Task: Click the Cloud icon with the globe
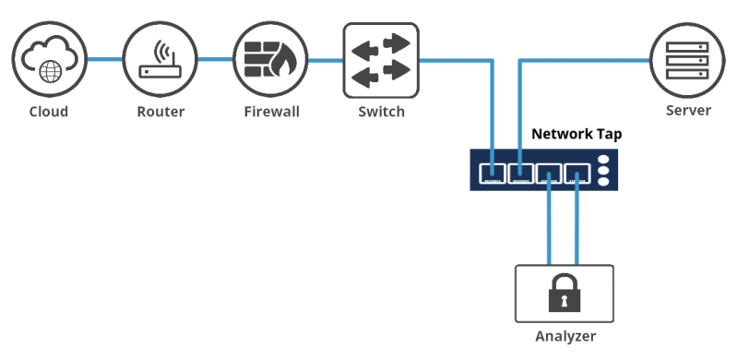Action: [x=48, y=61]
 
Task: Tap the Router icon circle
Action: [x=160, y=61]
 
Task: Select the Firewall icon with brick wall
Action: [x=270, y=61]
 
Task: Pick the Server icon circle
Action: [x=687, y=61]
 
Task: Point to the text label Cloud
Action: [x=48, y=112]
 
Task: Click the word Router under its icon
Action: [x=160, y=112]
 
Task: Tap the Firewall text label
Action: [x=271, y=112]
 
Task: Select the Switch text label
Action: [x=380, y=112]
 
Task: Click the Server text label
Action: [x=688, y=111]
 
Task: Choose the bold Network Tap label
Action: [x=577, y=134]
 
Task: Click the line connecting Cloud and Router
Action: [x=104, y=61]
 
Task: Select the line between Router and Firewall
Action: [x=215, y=61]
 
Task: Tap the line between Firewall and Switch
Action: [x=325, y=61]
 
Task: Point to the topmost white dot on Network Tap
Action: [x=604, y=160]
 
